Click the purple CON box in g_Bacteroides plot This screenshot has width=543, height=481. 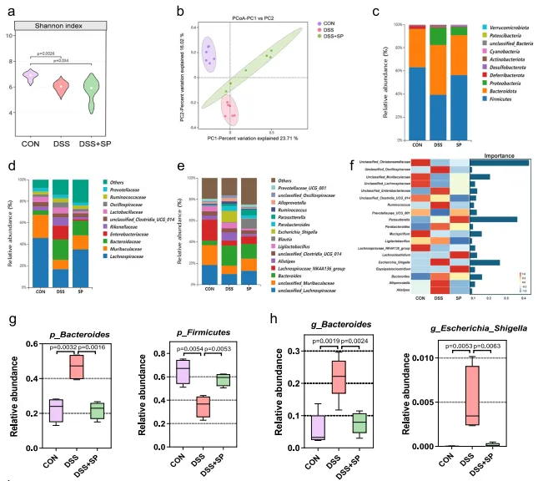294,427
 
